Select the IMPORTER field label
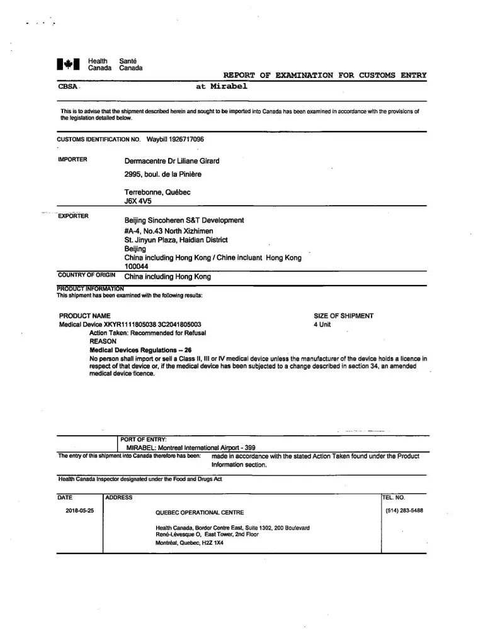[72, 159]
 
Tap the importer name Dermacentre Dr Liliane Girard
[172, 161]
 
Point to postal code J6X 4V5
[138, 201]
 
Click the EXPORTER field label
[73, 216]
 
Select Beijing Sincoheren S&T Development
[184, 220]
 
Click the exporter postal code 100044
[135, 267]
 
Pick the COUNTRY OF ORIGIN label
[86, 275]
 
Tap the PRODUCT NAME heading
[84, 316]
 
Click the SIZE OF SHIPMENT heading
[343, 316]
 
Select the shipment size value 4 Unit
[322, 325]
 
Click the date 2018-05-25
[79, 511]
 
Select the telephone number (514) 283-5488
[404, 511]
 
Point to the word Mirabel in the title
[229, 86]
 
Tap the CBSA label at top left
[67, 87]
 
